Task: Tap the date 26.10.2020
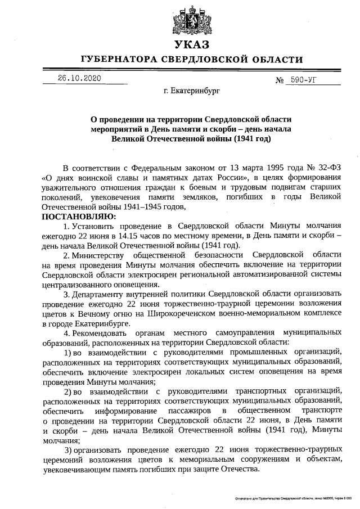(x=80, y=79)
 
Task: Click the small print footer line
(x=292, y=498)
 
